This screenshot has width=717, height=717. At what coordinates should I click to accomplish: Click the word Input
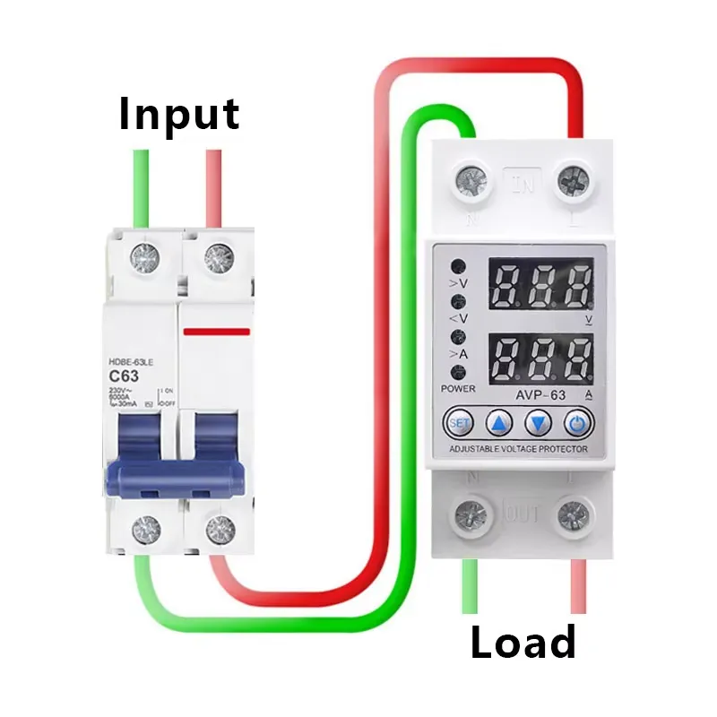(179, 115)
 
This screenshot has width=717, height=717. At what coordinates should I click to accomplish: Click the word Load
(523, 643)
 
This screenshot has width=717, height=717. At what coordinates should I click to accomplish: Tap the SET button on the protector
(459, 421)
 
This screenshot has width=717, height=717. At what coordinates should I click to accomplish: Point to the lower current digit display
(540, 358)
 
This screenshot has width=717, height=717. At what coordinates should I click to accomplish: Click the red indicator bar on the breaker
(216, 331)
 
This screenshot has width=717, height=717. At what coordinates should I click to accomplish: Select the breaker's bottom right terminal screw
(215, 528)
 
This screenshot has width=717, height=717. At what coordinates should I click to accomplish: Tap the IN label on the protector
(521, 185)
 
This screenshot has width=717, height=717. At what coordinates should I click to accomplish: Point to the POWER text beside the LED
(458, 389)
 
